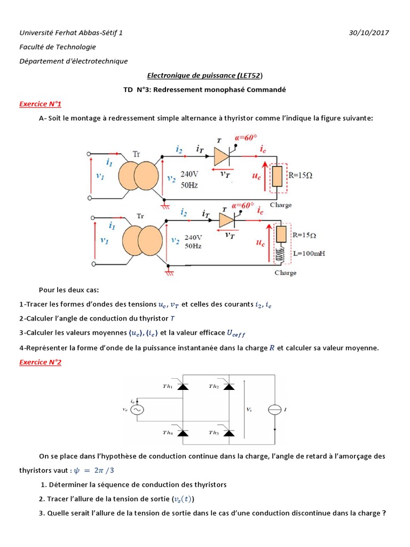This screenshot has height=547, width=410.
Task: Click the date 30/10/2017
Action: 369,33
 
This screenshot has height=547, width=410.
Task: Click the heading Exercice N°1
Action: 40,104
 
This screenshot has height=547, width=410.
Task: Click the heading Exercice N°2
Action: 40,362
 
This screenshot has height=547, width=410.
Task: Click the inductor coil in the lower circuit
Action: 280,254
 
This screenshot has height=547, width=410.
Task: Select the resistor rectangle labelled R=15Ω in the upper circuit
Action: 277,176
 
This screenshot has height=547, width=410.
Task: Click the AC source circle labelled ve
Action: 137,410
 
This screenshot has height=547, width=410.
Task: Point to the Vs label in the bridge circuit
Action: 249,409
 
